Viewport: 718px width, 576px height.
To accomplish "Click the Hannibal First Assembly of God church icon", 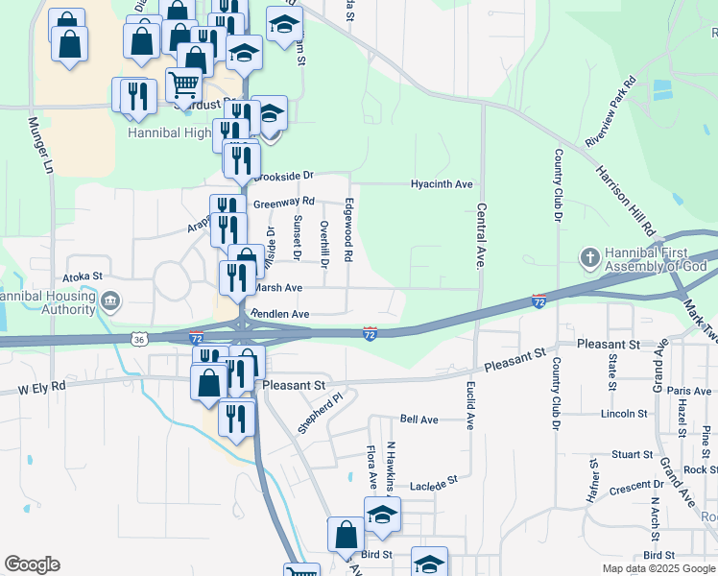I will point(588,257).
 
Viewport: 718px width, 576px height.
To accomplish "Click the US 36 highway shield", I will point(140,339).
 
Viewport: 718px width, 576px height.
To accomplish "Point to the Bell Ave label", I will point(419,420).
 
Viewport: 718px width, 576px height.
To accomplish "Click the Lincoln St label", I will point(625,414).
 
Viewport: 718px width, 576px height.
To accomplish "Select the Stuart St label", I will point(633,454).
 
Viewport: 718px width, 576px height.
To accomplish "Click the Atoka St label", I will point(84,276).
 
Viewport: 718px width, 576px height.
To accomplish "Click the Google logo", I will point(32,564).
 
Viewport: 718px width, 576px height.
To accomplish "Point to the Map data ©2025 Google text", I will point(658,568).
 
